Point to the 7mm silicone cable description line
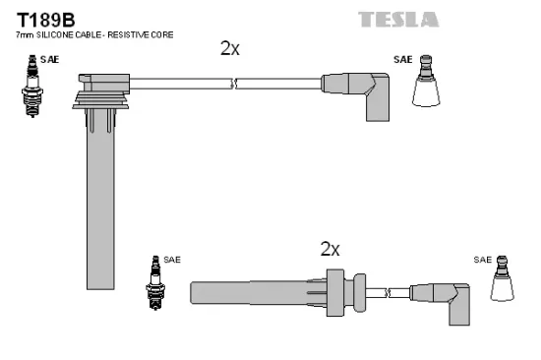coord(93,36)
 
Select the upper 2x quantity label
coord(229,48)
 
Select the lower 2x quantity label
coord(331,249)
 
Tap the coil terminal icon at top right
coord(425,82)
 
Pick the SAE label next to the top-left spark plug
coord(49,60)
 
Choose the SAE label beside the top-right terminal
coord(403,60)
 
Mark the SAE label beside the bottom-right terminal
coord(481,260)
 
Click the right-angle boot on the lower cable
coord(451,300)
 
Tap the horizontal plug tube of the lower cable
coord(261,292)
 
